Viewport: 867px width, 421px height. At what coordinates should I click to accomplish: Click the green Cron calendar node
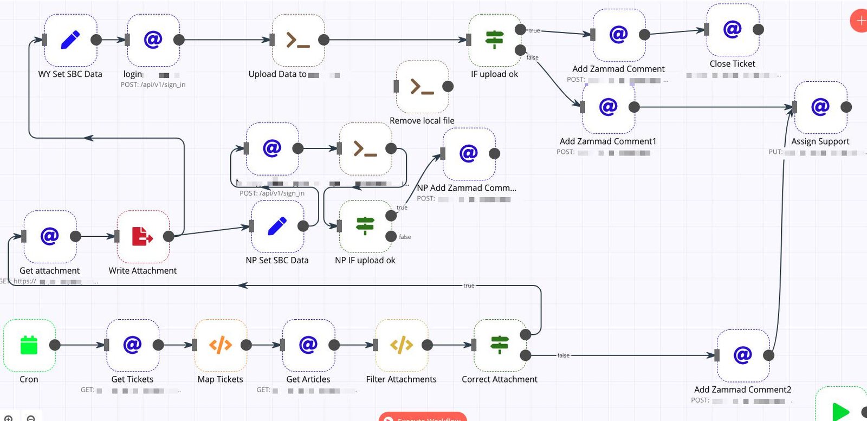[29, 345]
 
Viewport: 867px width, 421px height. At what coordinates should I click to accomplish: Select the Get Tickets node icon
[132, 345]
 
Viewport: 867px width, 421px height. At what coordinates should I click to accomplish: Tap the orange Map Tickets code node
[220, 345]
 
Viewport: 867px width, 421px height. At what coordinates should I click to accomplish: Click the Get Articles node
[308, 345]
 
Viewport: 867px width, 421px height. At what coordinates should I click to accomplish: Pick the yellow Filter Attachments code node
[401, 345]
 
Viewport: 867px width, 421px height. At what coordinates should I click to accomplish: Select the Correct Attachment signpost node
[499, 345]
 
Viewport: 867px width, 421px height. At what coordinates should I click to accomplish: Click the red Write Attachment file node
[143, 236]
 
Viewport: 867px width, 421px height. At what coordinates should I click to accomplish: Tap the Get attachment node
[49, 236]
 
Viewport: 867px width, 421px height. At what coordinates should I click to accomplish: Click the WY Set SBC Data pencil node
[70, 40]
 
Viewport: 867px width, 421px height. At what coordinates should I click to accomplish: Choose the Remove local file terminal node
[422, 87]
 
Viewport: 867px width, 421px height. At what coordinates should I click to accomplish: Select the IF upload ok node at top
[494, 40]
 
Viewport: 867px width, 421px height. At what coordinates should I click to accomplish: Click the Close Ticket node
[732, 29]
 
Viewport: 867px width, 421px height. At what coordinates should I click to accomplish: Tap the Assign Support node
[820, 107]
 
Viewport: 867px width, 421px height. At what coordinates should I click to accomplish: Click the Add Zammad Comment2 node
[742, 355]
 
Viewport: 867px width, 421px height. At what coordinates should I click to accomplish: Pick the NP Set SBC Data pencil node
[277, 226]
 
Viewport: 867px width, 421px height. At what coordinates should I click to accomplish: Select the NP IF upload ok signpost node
[365, 226]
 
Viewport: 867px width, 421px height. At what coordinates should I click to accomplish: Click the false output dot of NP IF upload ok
[391, 236]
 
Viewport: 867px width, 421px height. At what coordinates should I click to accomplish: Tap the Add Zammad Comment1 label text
[607, 141]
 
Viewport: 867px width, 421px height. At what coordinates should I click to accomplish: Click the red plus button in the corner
[860, 21]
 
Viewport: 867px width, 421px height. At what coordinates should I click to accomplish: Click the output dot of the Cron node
[55, 345]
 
